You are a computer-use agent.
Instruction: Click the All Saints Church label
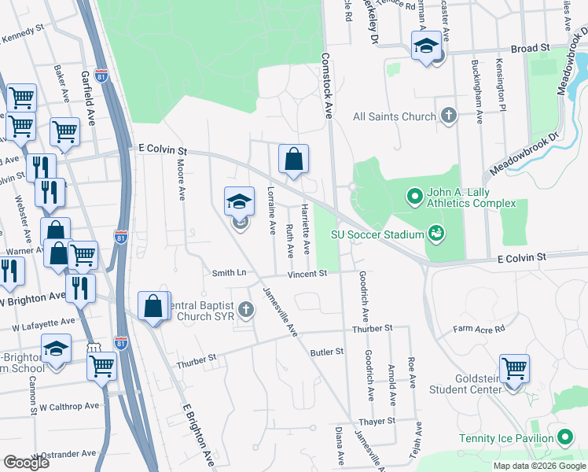(x=394, y=116)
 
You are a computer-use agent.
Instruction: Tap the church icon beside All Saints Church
(x=449, y=116)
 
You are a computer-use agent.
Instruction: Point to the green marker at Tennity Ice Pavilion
(x=564, y=437)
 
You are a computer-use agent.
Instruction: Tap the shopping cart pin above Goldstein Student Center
(x=513, y=367)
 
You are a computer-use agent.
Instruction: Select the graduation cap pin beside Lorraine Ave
(x=240, y=201)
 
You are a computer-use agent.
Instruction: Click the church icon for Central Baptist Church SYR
(x=246, y=309)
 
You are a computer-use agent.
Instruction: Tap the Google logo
(x=26, y=463)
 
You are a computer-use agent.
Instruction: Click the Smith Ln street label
(x=229, y=273)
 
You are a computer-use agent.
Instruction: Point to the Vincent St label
(x=306, y=274)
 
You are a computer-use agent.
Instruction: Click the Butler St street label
(x=328, y=353)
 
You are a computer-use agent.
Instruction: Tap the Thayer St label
(x=377, y=422)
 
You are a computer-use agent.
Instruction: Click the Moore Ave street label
(x=180, y=179)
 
